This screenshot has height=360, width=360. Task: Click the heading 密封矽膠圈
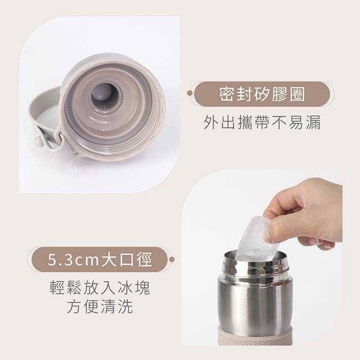point(262,94)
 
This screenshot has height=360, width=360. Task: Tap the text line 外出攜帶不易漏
point(262,122)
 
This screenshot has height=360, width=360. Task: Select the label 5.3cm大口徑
point(100,259)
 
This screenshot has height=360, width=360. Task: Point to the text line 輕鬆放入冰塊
point(100,287)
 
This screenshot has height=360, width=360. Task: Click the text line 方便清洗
point(100,306)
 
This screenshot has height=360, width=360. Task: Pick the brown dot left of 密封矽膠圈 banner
point(189,93)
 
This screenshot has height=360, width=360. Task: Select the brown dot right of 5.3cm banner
point(172,260)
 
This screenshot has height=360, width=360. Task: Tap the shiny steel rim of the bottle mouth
point(255,261)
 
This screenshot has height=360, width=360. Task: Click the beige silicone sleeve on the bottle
point(255,339)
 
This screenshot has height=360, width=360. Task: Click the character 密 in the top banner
point(225,94)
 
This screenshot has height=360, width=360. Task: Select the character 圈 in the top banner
point(298,94)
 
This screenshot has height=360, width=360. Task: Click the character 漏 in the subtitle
point(313,122)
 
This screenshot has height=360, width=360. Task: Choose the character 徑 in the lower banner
point(145,259)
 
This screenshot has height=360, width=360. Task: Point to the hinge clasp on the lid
point(78,153)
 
